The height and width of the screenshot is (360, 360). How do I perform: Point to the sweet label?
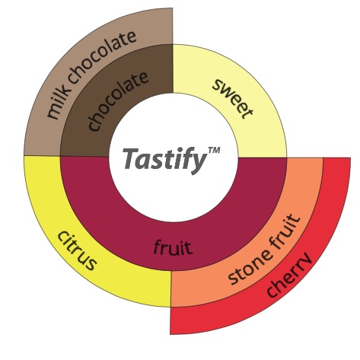tap(233, 98)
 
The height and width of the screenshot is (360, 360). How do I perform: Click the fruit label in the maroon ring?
tap(174, 247)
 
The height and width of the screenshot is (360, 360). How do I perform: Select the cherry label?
tap(289, 275)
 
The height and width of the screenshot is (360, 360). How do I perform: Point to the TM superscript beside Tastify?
tap(214, 150)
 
